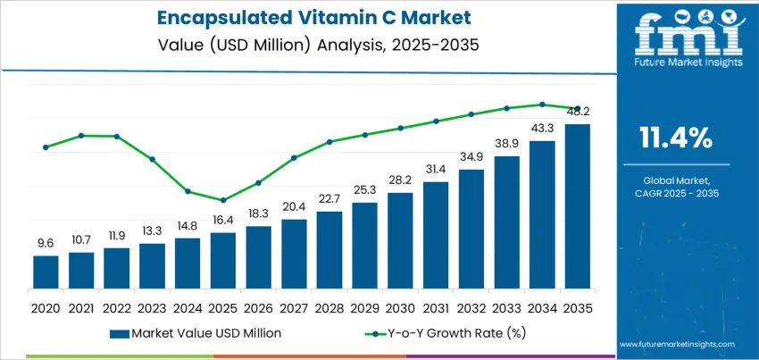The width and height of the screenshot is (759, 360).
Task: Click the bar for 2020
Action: point(46,270)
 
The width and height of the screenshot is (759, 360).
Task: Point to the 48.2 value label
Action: point(578,112)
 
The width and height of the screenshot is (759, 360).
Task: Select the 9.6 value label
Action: point(46,243)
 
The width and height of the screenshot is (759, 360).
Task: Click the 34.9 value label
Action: point(471,156)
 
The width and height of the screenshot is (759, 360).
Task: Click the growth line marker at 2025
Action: point(223,200)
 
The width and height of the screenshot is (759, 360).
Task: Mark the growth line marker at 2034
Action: point(542,104)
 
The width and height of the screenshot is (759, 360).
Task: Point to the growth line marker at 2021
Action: point(81,136)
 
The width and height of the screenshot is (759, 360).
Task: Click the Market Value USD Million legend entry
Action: point(196,333)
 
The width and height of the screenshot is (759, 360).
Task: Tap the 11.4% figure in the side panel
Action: point(675,137)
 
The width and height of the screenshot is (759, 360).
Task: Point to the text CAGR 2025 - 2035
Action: point(675,193)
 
